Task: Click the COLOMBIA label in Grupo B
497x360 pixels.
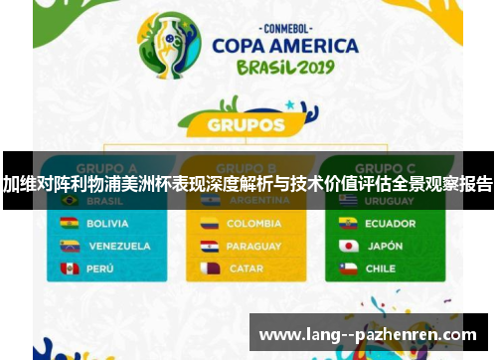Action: tap(253, 223)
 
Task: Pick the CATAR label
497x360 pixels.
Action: tap(246, 269)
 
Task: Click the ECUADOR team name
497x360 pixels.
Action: tap(390, 223)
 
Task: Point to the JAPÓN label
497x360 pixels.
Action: tap(386, 246)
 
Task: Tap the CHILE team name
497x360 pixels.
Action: tap(381, 269)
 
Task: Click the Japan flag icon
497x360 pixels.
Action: tap(348, 246)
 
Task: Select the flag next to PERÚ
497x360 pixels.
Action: tap(70, 269)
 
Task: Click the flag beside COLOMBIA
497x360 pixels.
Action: tap(210, 223)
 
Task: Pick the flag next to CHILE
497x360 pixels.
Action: tap(348, 269)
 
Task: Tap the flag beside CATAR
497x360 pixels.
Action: tap(210, 269)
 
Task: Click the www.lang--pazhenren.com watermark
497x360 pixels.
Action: tap(367, 335)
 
